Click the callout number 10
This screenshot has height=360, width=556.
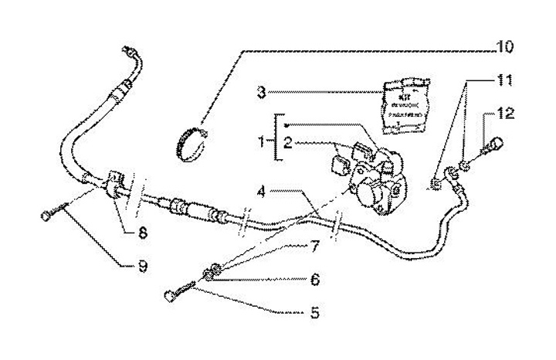click(504, 48)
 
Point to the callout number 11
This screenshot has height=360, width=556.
click(503, 80)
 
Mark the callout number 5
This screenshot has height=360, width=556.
click(313, 314)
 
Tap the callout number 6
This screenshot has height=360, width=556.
click(314, 280)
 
